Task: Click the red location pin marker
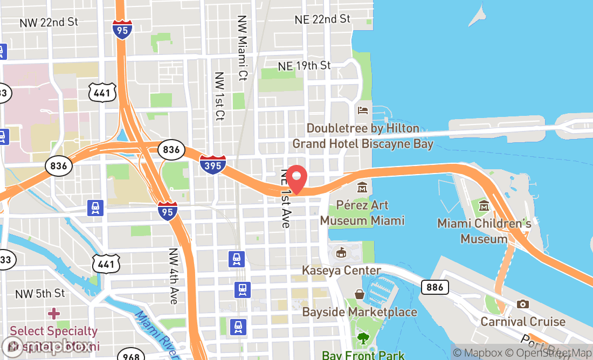[x=296, y=179]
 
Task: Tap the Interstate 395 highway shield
[x=213, y=164]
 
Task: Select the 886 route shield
[x=435, y=287]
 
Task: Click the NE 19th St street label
[x=305, y=66]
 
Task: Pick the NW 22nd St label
[x=49, y=22]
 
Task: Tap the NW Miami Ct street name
[x=242, y=47]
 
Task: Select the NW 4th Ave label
[x=173, y=276]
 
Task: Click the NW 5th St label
[x=40, y=294]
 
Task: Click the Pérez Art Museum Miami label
[x=362, y=213]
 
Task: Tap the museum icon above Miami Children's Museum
[x=484, y=205]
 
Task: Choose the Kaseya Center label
[x=341, y=270]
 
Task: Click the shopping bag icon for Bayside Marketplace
[x=359, y=294]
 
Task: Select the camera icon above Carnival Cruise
[x=522, y=304]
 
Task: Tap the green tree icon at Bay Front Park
[x=363, y=338]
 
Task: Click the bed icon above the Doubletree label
[x=363, y=110]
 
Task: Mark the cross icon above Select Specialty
[x=54, y=313]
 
